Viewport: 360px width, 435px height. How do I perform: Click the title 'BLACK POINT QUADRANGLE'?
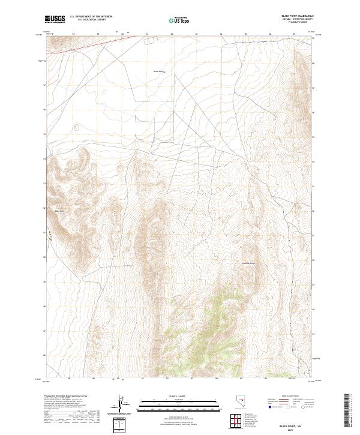(298, 16)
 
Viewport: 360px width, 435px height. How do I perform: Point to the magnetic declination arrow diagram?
(122, 405)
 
